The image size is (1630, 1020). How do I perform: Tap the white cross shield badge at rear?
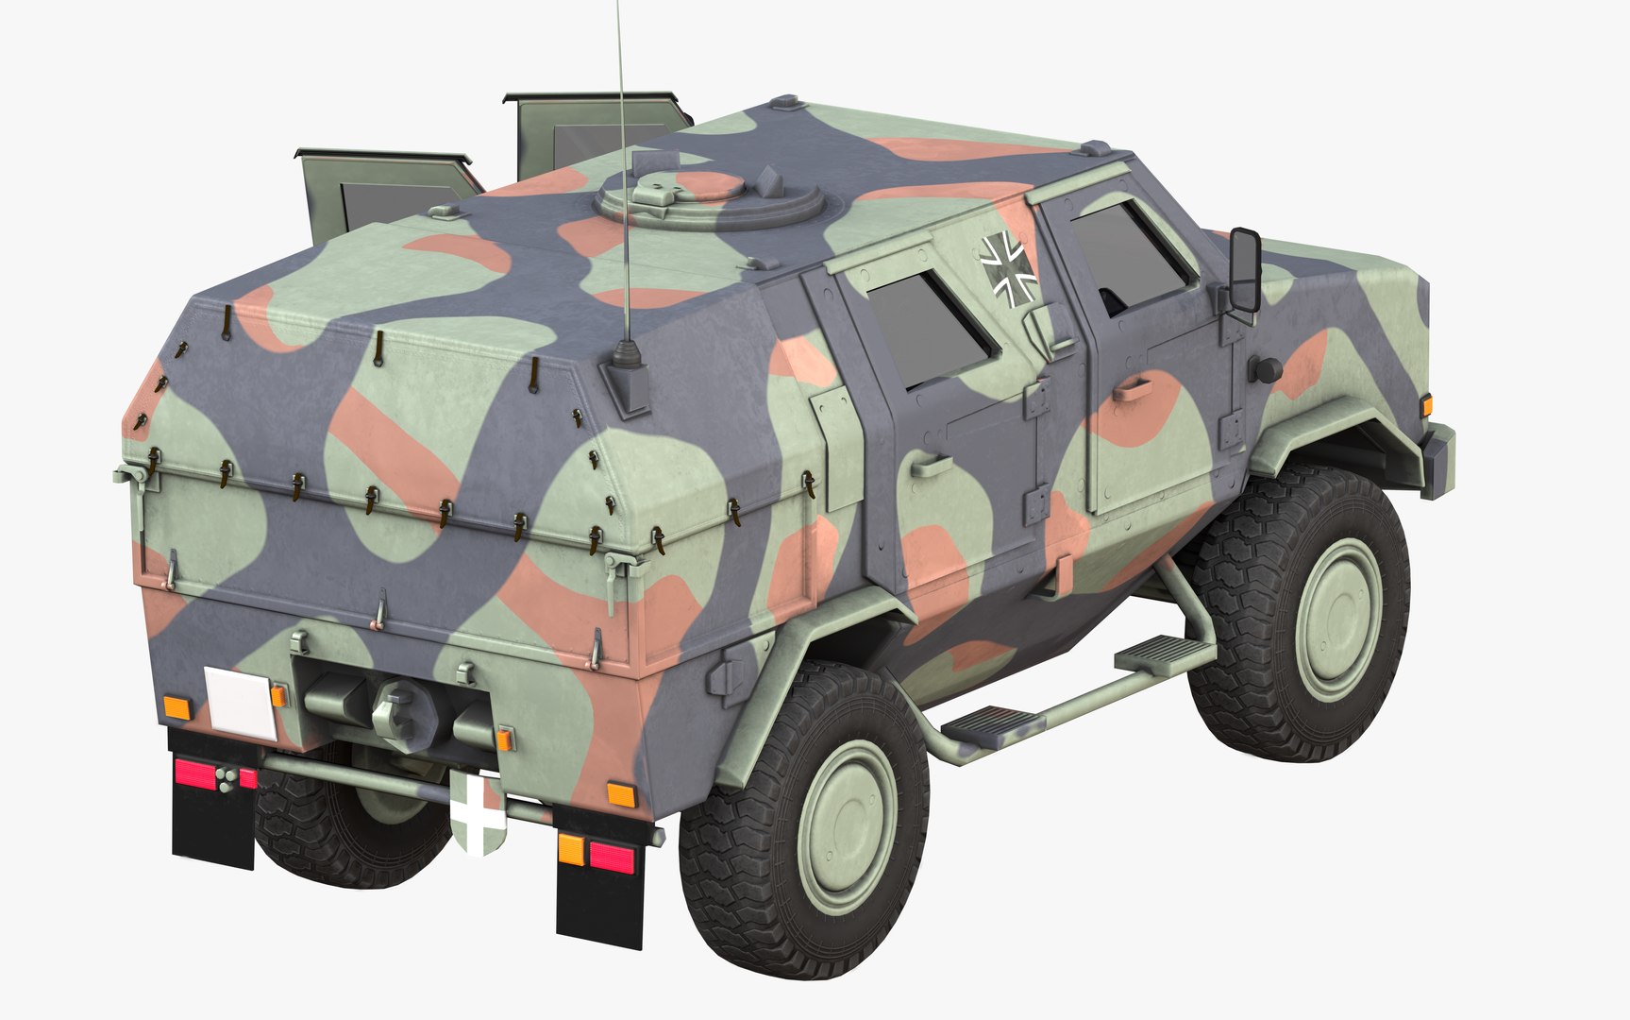pyautogui.click(x=479, y=813)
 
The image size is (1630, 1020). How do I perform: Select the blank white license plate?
pyautogui.click(x=240, y=702)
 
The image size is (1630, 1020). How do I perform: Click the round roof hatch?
pyautogui.click(x=707, y=195)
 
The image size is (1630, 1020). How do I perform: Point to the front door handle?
pyautogui.click(x=1131, y=385)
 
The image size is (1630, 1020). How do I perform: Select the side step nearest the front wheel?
pyautogui.click(x=1163, y=652)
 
